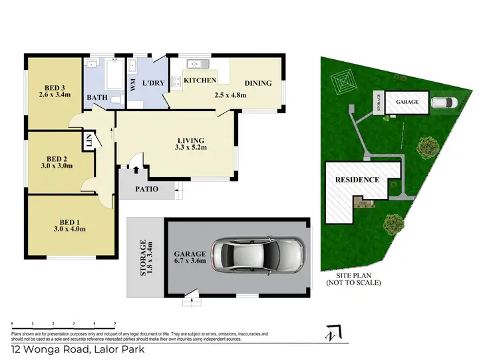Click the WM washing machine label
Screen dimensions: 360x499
[133, 86]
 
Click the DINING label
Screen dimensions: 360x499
[259, 83]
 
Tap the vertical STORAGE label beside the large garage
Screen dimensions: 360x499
[144, 258]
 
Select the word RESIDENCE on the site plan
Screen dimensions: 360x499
[357, 180]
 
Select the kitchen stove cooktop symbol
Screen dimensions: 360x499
[176, 82]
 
